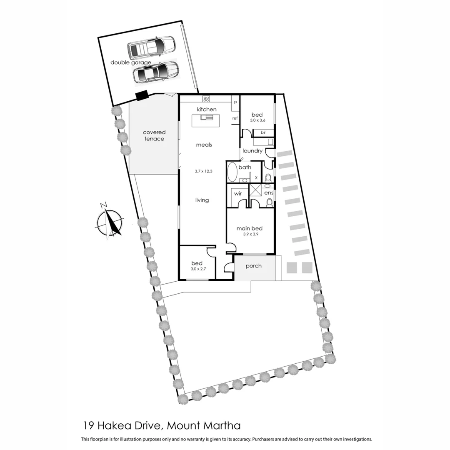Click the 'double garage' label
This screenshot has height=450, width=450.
131,62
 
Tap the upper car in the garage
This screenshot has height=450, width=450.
152,47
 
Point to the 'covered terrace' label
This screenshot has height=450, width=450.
154,135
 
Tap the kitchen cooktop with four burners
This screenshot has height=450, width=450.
206,99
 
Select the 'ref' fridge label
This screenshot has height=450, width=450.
235,118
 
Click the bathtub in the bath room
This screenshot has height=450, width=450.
232,171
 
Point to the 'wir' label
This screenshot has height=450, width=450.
238,193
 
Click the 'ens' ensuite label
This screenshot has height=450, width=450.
268,193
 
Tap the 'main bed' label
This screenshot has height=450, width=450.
249,228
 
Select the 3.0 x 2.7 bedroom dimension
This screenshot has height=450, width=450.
197,270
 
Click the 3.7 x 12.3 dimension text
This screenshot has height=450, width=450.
204,171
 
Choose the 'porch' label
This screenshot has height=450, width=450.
253,266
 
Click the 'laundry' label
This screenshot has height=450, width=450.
252,151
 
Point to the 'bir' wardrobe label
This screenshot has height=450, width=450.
263,132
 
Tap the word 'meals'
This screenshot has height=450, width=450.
204,145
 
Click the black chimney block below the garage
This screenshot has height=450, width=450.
142,95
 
